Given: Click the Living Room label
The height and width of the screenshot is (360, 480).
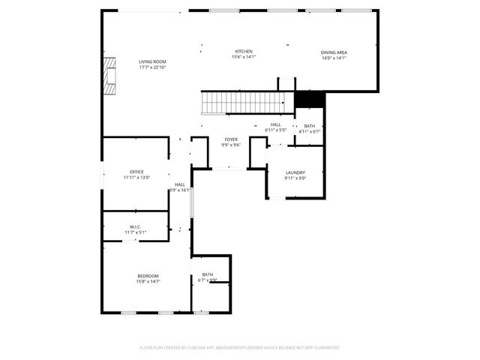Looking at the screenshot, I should click(152, 61).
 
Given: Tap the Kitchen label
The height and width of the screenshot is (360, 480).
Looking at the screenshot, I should click(244, 51).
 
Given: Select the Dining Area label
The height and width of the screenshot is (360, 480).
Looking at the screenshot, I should click(334, 52).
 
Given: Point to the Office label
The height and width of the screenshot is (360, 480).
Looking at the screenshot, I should click(136, 172).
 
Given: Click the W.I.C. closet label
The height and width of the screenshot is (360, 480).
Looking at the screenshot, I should click(135, 226).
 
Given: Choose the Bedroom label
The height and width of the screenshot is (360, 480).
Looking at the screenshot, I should click(148, 276).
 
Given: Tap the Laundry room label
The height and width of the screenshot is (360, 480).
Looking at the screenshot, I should click(295, 172).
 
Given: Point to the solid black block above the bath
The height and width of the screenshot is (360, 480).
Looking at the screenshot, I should click(309, 99).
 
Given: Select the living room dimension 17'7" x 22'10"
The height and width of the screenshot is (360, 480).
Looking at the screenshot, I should click(152, 67).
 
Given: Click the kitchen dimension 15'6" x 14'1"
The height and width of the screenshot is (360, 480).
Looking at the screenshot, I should click(244, 57).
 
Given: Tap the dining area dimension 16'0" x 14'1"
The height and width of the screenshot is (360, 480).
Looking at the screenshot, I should click(334, 58).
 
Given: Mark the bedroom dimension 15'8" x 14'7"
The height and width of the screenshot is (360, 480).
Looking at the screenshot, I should click(148, 281).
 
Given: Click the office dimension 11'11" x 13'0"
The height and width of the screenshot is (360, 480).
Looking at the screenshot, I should click(136, 177).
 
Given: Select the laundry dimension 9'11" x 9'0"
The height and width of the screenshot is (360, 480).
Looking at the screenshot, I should click(295, 178).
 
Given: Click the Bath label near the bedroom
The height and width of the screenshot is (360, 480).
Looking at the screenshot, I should click(208, 274).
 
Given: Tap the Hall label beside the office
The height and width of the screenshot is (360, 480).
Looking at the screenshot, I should click(180, 184).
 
